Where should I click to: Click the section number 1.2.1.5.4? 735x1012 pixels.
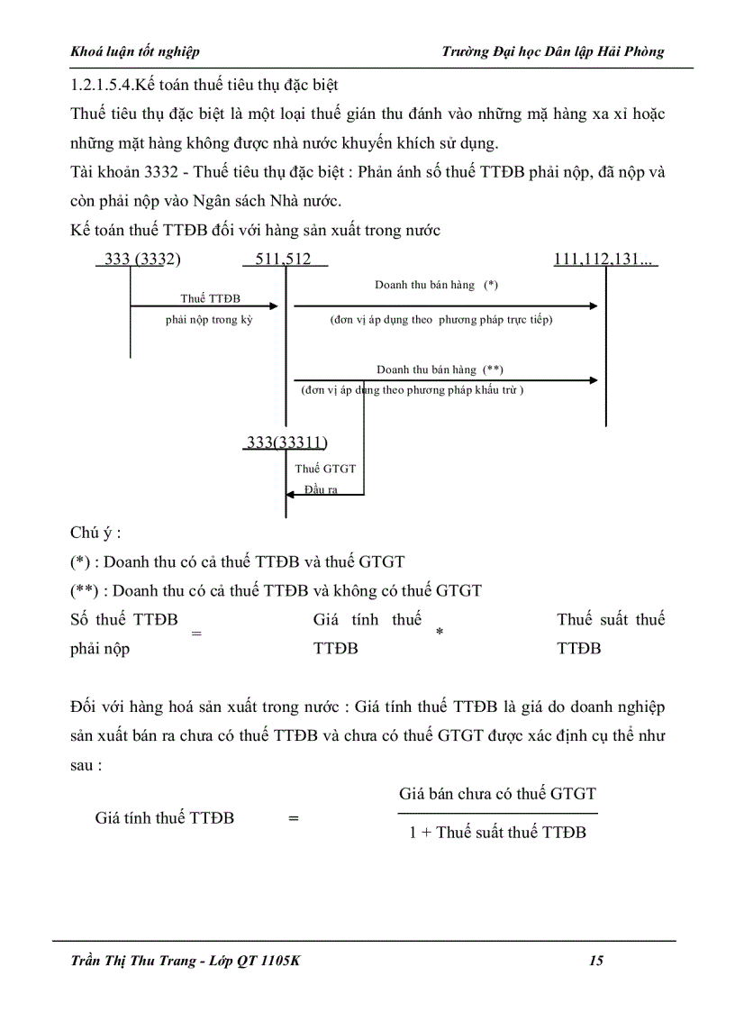point(102,86)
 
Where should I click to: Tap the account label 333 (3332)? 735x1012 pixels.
point(142,260)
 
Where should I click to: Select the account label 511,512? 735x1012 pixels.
point(283,260)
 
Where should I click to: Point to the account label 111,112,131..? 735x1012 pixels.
point(602,260)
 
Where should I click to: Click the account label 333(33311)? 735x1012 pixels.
point(287,442)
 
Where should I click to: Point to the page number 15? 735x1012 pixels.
point(596,961)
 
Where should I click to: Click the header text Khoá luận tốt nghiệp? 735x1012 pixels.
point(135,51)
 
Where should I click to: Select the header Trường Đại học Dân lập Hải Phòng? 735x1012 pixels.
point(553,51)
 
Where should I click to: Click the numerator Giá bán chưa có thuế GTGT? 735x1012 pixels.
point(497,794)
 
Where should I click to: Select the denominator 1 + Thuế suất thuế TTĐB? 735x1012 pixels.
point(497,833)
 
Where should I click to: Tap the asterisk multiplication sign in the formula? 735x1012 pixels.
point(440,634)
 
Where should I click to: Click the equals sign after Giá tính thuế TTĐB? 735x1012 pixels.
point(293,818)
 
